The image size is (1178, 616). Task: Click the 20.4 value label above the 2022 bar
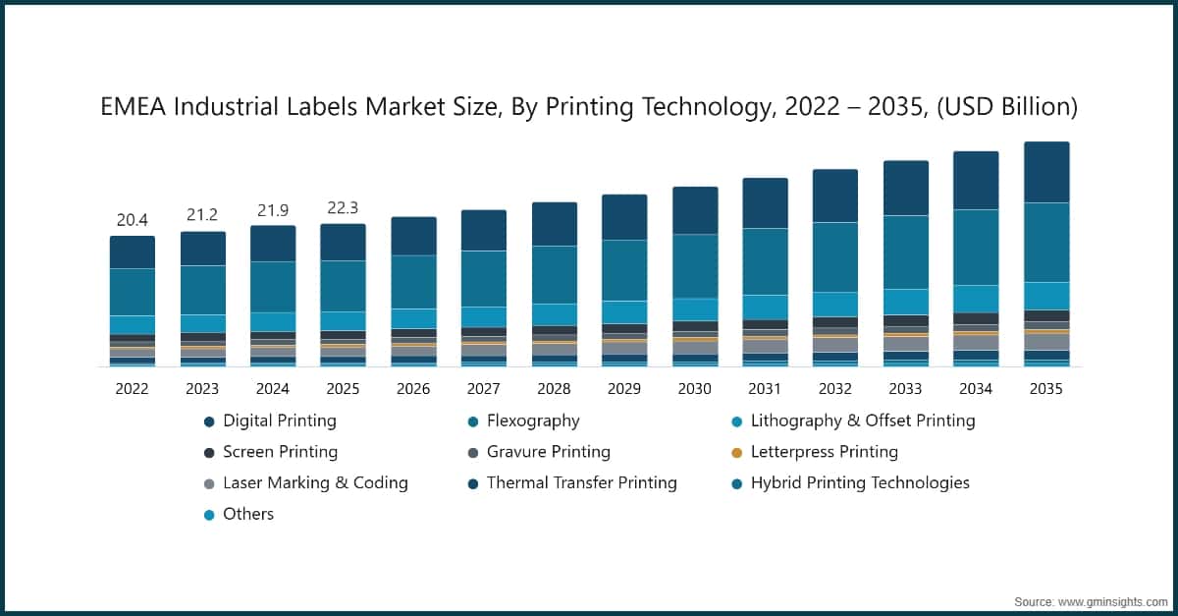coord(132,220)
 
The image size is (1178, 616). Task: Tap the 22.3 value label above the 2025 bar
coord(343,208)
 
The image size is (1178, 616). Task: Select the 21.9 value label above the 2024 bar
coord(272,210)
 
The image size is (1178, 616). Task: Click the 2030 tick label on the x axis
coord(694,389)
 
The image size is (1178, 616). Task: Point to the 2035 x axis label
coord(1045,389)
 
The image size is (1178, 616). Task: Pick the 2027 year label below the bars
coord(483,389)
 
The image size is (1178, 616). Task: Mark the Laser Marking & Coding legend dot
coord(209,483)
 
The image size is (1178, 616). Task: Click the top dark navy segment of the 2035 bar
coord(1046,172)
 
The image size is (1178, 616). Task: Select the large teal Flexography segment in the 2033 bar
coord(905,252)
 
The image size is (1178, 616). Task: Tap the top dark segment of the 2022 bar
coord(132,252)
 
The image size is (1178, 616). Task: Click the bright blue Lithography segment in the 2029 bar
coord(624,312)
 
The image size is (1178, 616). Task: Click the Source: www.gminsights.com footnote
coord(1090,600)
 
